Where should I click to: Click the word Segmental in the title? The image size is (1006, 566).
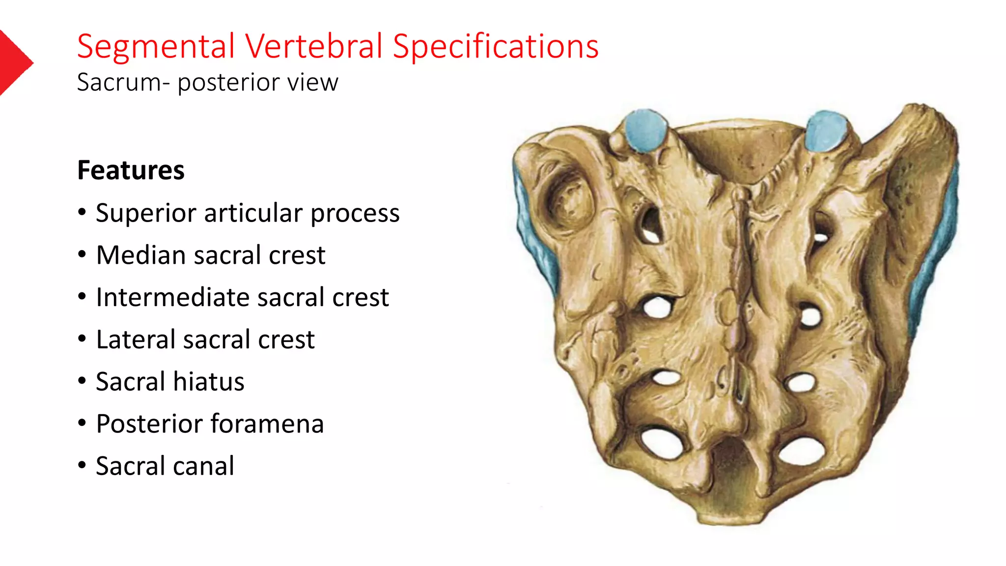click(x=156, y=47)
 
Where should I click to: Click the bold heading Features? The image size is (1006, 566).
click(x=131, y=170)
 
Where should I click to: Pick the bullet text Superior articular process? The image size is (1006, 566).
click(x=247, y=213)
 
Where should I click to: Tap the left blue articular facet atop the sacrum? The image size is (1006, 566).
click(x=645, y=130)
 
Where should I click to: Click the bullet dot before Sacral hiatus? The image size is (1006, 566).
click(x=82, y=381)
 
